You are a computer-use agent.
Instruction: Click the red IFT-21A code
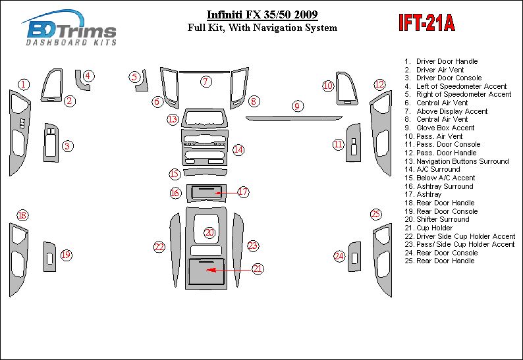426,23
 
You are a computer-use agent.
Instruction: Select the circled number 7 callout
206,82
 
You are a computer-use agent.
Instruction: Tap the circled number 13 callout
173,119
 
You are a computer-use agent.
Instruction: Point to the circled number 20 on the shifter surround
209,232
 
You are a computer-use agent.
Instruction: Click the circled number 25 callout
375,214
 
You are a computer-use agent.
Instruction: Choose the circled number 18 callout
22,215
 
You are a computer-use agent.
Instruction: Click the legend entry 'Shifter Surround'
443,219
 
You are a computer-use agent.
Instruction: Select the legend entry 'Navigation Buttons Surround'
462,161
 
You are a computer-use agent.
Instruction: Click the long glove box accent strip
294,118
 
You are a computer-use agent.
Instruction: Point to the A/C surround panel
204,151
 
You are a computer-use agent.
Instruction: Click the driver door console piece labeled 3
50,142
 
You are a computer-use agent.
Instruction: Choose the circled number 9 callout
297,106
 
